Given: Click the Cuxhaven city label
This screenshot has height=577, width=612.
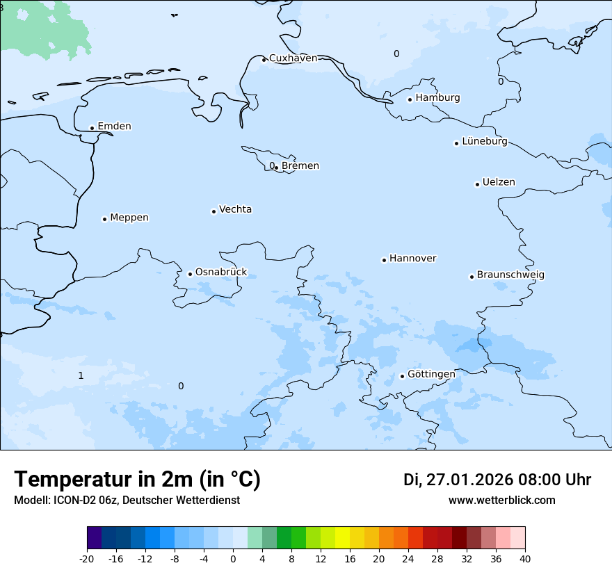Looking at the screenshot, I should coord(293,58).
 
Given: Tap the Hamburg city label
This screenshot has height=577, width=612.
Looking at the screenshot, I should coord(437,98).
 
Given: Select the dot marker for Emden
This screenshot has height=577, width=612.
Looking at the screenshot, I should coord(92,128).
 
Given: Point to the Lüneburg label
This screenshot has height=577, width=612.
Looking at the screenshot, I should coord(484,142).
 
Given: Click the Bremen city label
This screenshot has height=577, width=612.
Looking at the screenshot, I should coord(300,166).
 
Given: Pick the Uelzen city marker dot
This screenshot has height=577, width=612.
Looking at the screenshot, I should coord(477,184).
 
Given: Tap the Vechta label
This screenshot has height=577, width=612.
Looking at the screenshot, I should coord(235,209).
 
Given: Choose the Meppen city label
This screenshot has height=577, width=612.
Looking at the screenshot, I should coord(129,218).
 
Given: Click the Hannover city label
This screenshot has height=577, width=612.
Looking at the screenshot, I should coord(412,259).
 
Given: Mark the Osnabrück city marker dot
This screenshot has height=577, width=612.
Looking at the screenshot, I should coord(190,274).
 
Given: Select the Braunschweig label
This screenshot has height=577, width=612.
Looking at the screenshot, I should coord(510,275).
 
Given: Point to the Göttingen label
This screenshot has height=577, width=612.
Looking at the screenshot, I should coord(431,374).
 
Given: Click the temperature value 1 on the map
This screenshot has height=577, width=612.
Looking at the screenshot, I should coord(81,376).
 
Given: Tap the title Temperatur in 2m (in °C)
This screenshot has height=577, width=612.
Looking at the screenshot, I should coord(137,479).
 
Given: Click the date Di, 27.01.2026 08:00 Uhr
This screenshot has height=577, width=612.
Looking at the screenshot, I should coord(497,480).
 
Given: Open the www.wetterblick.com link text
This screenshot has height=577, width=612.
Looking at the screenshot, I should coord(501,501).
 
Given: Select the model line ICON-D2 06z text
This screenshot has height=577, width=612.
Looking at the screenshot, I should coord(127,501).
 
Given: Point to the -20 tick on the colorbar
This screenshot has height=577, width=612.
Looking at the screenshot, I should coord(87,559).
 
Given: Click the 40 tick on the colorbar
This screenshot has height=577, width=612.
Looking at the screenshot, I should coord(525,559).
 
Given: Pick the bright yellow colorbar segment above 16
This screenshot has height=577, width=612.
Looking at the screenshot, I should coord(342,538).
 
